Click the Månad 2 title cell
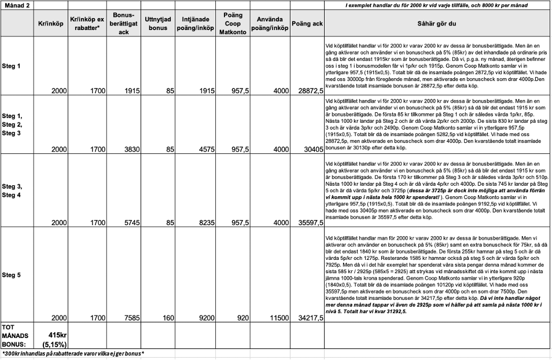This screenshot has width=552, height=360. point(16,5)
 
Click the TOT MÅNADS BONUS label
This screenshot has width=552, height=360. point(14,335)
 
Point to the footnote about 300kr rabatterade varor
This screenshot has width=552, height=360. point(73,354)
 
